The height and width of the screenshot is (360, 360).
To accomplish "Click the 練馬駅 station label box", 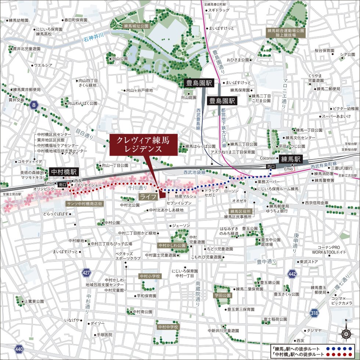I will [291, 159].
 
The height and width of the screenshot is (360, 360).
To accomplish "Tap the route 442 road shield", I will [292, 274].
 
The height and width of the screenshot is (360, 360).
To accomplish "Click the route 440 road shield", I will [19, 349].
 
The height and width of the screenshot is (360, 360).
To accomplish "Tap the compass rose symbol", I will [346, 334].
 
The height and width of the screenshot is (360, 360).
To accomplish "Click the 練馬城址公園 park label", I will [136, 26].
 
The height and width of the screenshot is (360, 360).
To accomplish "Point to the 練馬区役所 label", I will [241, 211].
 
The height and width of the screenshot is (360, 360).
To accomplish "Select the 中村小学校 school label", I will [150, 276].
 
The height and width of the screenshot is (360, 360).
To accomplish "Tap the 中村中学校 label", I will [167, 327].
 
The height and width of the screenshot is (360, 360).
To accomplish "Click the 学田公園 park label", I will [223, 295].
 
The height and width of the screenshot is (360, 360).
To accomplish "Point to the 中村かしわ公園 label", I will [172, 245].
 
